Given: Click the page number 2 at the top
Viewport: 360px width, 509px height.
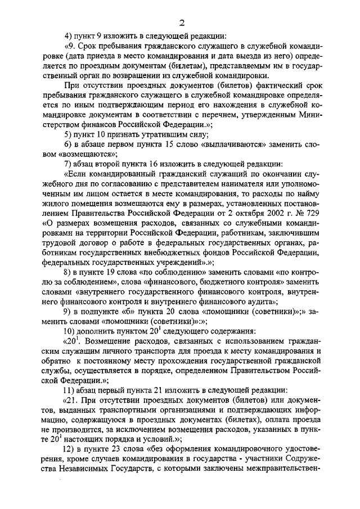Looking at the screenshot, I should pyautogui.click(x=182, y=22).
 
